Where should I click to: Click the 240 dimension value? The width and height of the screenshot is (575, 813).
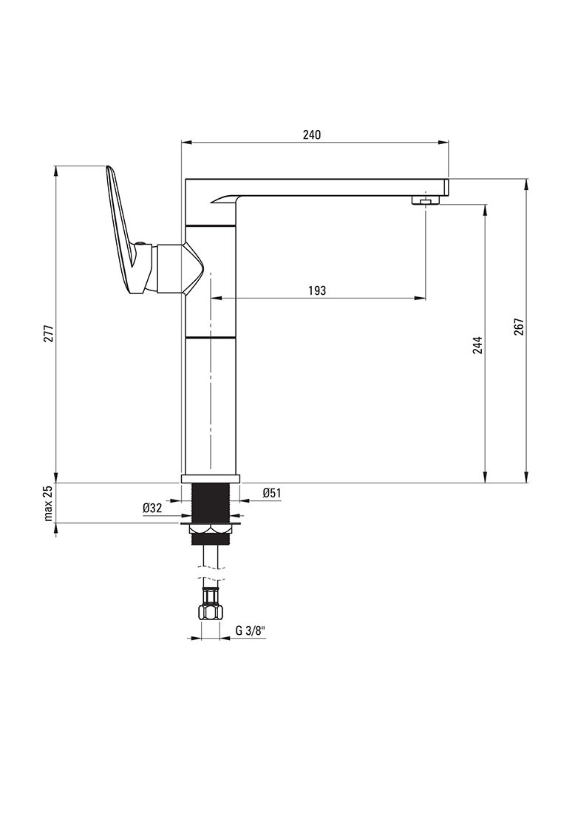tap(311, 135)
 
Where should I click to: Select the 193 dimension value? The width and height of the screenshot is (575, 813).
tap(316, 291)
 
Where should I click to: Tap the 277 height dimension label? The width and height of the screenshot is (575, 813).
tap(49, 335)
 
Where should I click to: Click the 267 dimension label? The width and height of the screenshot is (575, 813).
tap(519, 327)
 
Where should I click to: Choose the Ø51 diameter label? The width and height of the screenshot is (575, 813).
tap(271, 493)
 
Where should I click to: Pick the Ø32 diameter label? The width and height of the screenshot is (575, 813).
tap(152, 508)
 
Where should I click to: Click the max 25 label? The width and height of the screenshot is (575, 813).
tap(49, 503)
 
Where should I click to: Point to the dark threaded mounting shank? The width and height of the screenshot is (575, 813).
tap(211, 503)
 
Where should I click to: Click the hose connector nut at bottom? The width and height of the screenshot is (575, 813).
tap(210, 611)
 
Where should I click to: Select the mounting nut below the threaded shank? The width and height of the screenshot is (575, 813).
tap(211, 528)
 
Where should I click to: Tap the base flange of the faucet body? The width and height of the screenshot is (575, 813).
tap(211, 478)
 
